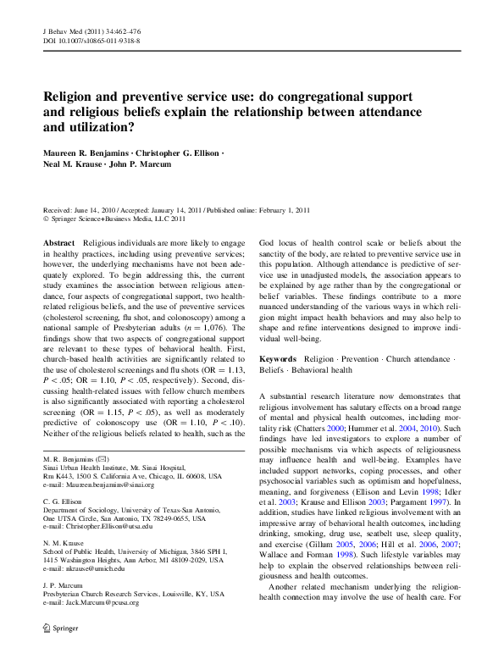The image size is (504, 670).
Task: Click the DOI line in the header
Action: click(91, 40)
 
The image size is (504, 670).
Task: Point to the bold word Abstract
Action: click(58, 242)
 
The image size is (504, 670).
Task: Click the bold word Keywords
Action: click(278, 359)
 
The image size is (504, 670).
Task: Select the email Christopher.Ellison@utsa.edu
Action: click(108, 526)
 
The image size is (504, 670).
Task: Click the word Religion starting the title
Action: click(74, 97)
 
